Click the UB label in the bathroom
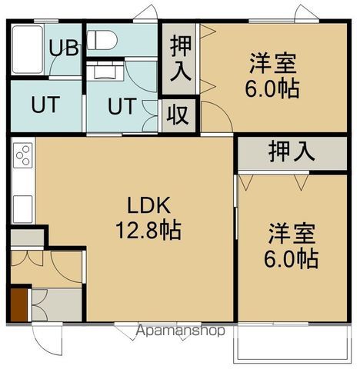pos(64,48)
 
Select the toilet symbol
pos(102,38)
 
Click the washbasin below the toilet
pos(105,71)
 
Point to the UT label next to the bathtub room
pos(45,106)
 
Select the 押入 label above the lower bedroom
pos(292,152)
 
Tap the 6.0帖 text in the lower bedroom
pos(293,258)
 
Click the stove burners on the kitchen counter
pos(22,157)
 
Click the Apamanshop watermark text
pos(181,331)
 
